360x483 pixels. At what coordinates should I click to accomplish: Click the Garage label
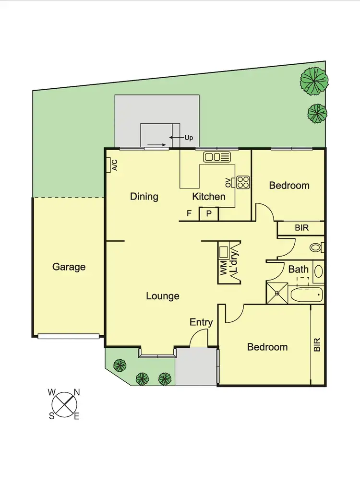click(x=69, y=267)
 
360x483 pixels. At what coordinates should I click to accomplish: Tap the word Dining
click(x=144, y=197)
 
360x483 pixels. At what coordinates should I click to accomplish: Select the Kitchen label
click(x=208, y=197)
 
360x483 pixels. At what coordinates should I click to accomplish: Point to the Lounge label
click(x=163, y=296)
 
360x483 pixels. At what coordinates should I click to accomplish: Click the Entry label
click(x=201, y=322)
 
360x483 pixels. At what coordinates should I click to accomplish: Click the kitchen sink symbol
click(x=217, y=157)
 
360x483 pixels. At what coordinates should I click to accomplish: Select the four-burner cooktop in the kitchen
click(x=242, y=182)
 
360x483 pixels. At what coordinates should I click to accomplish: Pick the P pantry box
click(x=209, y=214)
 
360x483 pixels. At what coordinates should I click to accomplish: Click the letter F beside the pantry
click(x=189, y=214)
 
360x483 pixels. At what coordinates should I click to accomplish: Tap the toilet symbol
click(x=316, y=248)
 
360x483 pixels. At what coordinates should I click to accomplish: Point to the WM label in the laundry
click(x=223, y=268)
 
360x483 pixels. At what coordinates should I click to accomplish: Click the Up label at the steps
click(x=189, y=138)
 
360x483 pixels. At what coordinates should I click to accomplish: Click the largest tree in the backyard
click(x=314, y=79)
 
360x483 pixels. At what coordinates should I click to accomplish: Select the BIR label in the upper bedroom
click(x=302, y=228)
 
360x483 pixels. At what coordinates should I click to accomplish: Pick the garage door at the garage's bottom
click(x=69, y=336)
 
